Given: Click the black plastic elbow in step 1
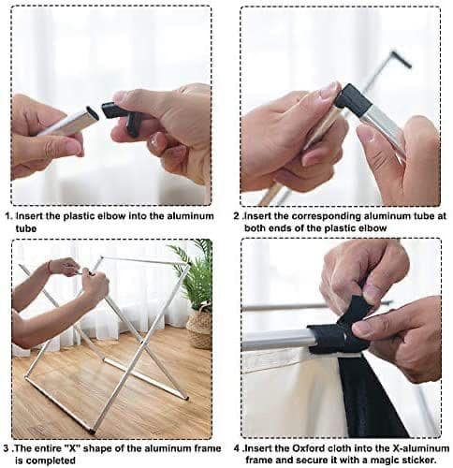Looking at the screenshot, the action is click(121, 116).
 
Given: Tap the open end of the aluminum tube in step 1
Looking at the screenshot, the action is click(92, 113).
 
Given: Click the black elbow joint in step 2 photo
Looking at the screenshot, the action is click(354, 99).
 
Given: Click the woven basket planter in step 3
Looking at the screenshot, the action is click(199, 328).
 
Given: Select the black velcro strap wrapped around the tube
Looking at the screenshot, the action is click(337, 330).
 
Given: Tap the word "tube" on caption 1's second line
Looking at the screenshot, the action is click(26, 228).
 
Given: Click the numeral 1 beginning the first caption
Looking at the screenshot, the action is click(9, 216).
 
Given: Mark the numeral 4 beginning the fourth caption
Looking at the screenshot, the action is click(237, 448).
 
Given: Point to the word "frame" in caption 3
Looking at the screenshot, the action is click(206, 448).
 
